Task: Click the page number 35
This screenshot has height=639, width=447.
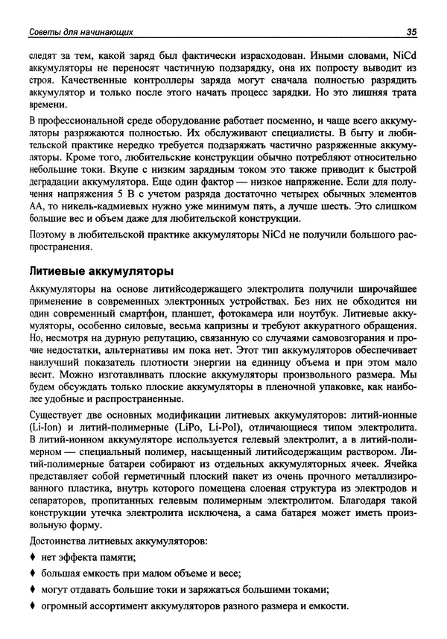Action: pyautogui.click(x=410, y=31)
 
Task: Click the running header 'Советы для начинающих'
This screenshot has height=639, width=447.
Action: pyautogui.click(x=76, y=31)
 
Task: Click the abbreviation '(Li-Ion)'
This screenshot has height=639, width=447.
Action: pyautogui.click(x=47, y=430)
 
